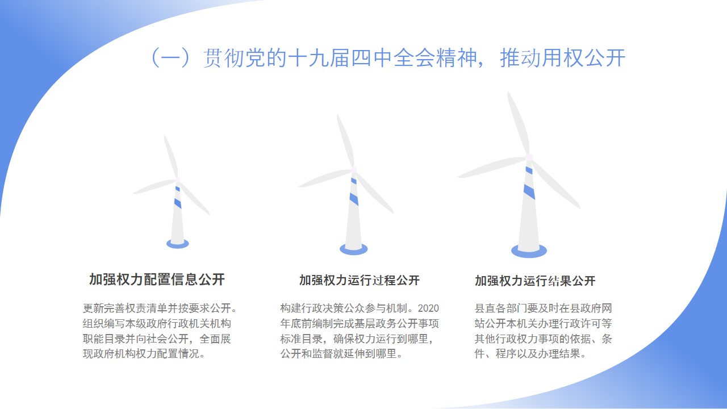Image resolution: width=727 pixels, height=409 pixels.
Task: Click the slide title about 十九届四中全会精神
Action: (388, 58)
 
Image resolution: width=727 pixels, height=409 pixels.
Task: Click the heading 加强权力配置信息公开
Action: (157, 279)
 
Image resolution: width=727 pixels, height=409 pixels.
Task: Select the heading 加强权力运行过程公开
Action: (360, 280)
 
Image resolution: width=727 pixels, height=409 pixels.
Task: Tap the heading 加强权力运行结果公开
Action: (535, 281)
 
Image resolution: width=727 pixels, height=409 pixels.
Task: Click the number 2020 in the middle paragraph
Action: (428, 308)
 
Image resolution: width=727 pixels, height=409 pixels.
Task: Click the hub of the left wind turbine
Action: (178, 180)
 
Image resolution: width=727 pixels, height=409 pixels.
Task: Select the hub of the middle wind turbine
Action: (354, 170)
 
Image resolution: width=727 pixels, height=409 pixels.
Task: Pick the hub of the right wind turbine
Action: (529, 157)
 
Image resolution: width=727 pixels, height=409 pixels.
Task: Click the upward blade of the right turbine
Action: (519, 123)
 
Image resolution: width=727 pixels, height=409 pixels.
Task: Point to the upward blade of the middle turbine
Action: (346, 140)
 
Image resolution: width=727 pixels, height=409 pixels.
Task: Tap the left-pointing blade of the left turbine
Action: (154, 187)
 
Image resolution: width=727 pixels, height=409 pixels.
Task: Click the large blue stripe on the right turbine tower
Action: (529, 191)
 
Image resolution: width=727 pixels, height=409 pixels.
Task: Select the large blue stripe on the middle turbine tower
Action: (354, 199)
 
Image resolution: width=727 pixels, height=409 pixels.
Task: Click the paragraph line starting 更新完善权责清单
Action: (160, 308)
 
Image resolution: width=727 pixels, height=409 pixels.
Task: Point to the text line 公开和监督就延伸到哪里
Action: (341, 353)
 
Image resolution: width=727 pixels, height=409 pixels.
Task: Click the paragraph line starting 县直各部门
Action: (544, 308)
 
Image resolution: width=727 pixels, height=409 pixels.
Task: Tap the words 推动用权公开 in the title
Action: (562, 58)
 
